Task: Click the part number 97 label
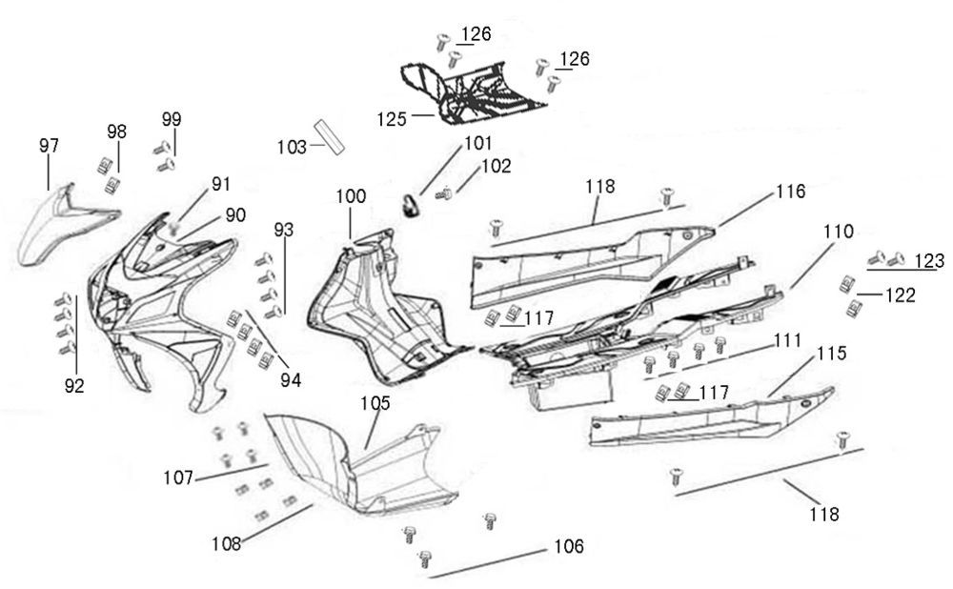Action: (x=49, y=146)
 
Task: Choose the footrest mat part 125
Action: (x=481, y=91)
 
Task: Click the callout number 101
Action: (x=477, y=144)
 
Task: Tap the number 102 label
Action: (x=496, y=166)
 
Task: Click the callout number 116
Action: (x=789, y=192)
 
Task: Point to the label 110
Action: (x=839, y=232)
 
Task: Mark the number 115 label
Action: (x=831, y=354)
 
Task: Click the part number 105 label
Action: (x=375, y=403)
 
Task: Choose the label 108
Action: (x=228, y=543)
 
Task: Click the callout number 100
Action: (x=350, y=195)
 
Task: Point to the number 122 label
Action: (x=899, y=295)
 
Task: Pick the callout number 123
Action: (x=929, y=260)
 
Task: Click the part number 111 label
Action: (x=787, y=340)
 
